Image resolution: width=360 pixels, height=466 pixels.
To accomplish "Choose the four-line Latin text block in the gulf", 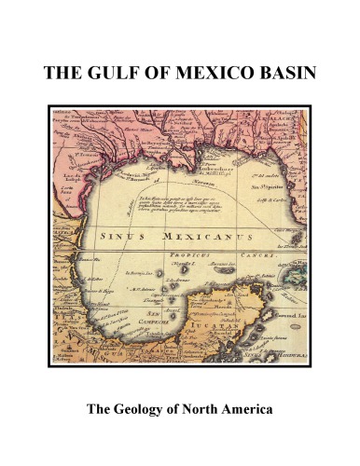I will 169,206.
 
